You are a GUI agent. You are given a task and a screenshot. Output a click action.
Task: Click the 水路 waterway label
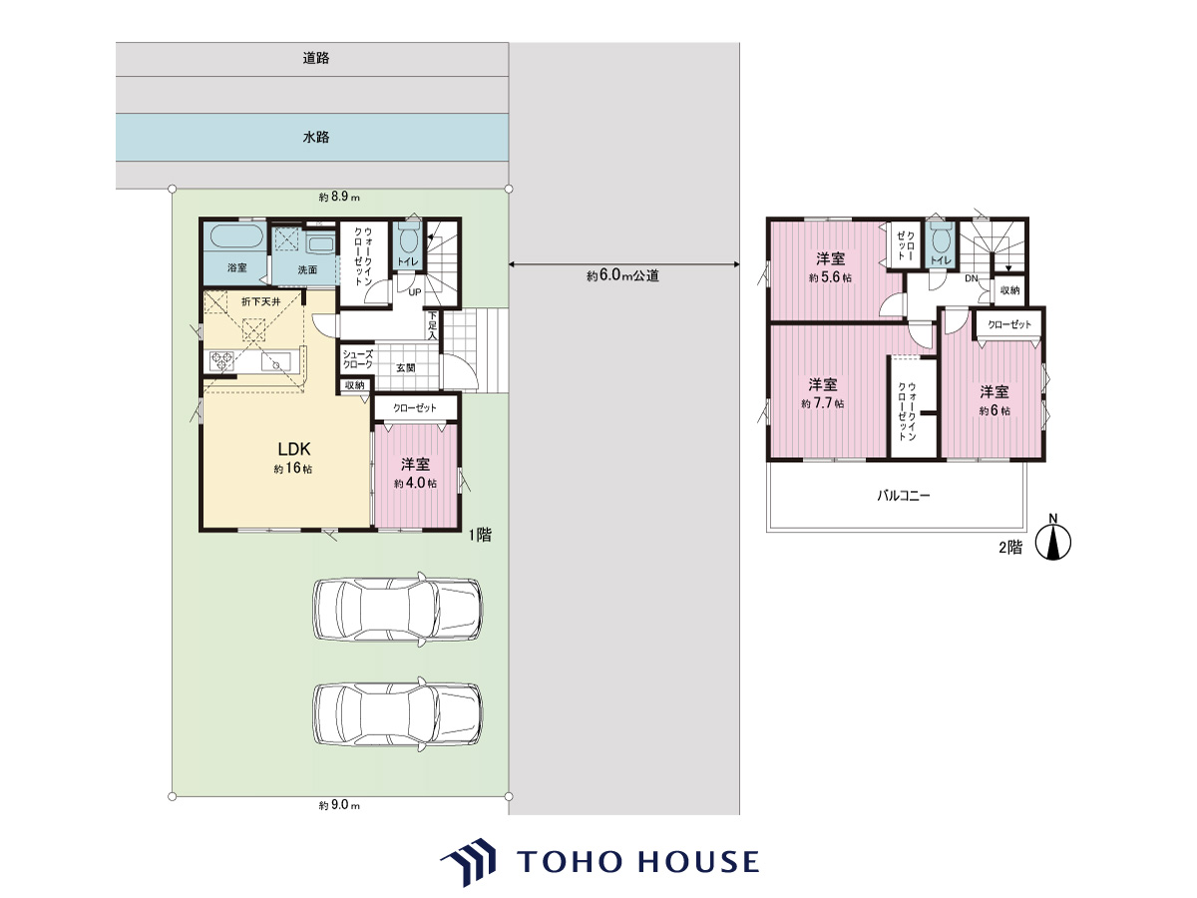point(316,137)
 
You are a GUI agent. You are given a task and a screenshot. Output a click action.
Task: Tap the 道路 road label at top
point(316,58)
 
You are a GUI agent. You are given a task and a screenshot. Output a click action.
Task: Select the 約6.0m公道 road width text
point(622,276)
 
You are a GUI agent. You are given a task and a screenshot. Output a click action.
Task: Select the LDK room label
point(294,449)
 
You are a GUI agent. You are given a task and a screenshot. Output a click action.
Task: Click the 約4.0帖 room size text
point(416,483)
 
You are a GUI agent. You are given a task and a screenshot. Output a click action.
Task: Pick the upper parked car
point(398,609)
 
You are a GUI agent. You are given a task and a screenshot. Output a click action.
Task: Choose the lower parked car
point(398,714)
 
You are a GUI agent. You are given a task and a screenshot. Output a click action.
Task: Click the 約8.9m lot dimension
point(339,197)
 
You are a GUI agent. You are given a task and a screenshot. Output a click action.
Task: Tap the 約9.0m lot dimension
point(339,805)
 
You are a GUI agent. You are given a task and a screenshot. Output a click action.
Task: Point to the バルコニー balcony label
point(904,496)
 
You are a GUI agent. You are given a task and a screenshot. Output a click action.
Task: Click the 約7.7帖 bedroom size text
point(823,403)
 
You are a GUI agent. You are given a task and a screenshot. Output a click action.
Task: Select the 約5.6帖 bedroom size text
point(830,277)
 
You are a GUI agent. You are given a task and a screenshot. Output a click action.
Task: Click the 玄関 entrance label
point(406,368)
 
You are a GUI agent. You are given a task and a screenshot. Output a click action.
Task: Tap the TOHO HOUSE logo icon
point(469,861)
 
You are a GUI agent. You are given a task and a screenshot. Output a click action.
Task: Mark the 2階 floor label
point(1010,548)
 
